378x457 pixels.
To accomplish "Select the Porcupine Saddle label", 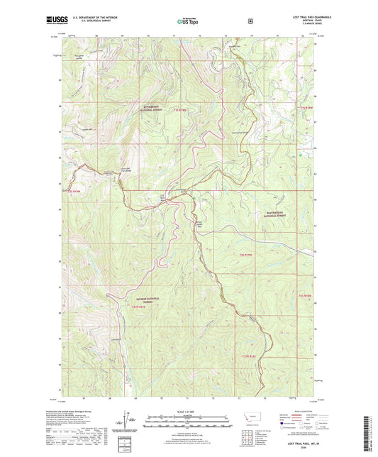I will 78,55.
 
